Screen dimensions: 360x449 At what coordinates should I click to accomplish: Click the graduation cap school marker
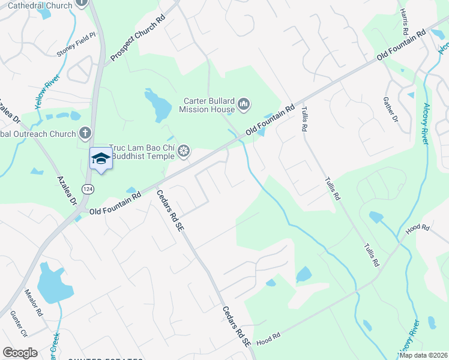coord(101,158)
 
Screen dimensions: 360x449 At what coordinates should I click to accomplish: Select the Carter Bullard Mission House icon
coord(244,105)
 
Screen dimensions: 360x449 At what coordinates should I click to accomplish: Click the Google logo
coord(20,353)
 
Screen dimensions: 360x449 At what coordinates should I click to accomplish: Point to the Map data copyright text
coord(424,355)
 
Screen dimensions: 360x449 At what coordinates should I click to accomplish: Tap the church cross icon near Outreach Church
coord(85,133)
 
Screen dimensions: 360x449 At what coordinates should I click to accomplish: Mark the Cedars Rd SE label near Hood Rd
coord(236,326)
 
